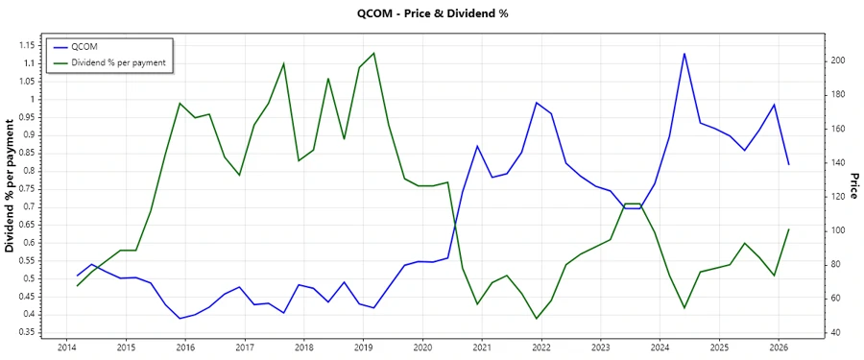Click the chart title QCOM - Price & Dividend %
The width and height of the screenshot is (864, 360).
[x=431, y=14]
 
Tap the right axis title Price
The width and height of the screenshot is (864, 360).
[x=853, y=186]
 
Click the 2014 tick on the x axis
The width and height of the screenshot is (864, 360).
[x=67, y=348]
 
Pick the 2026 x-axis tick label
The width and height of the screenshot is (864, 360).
[x=778, y=348]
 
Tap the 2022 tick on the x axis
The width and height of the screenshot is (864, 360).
[x=540, y=348]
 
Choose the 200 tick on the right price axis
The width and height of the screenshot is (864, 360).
[x=838, y=60]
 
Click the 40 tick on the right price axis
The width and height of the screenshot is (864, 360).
[x=836, y=332]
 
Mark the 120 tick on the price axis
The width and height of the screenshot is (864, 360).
[x=838, y=197]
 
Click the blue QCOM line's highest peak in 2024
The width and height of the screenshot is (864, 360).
[x=684, y=54]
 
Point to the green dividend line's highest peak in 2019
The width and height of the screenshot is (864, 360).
[x=373, y=53]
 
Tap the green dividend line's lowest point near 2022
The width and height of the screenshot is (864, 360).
[x=537, y=319]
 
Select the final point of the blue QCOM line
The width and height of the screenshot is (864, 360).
[x=789, y=165]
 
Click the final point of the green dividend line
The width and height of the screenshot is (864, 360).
[x=789, y=229]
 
